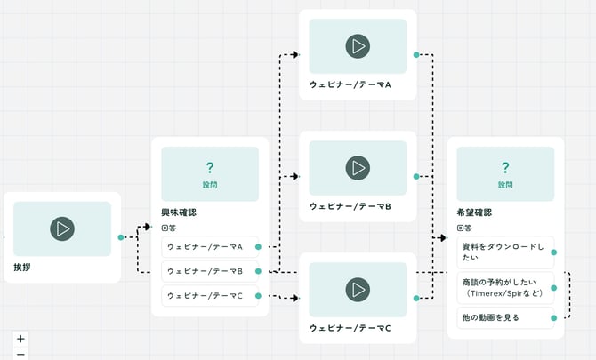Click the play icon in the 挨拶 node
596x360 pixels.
pyautogui.click(x=62, y=228)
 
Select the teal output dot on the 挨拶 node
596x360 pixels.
pyautogui.click(x=121, y=237)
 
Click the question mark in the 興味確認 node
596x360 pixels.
pyautogui.click(x=210, y=167)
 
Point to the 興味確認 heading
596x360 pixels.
pyautogui.click(x=179, y=212)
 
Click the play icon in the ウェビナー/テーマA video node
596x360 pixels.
pyautogui.click(x=358, y=46)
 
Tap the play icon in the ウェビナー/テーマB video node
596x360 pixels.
pyautogui.click(x=358, y=167)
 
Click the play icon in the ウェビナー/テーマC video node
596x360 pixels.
pyautogui.click(x=358, y=289)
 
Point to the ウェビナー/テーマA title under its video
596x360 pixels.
pyautogui.click(x=350, y=84)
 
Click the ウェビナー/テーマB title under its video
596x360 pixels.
pyautogui.click(x=350, y=206)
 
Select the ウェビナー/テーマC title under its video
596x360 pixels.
pyautogui.click(x=350, y=328)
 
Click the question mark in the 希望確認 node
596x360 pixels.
pyautogui.click(x=505, y=167)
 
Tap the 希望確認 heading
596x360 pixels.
pyautogui.click(x=474, y=212)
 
